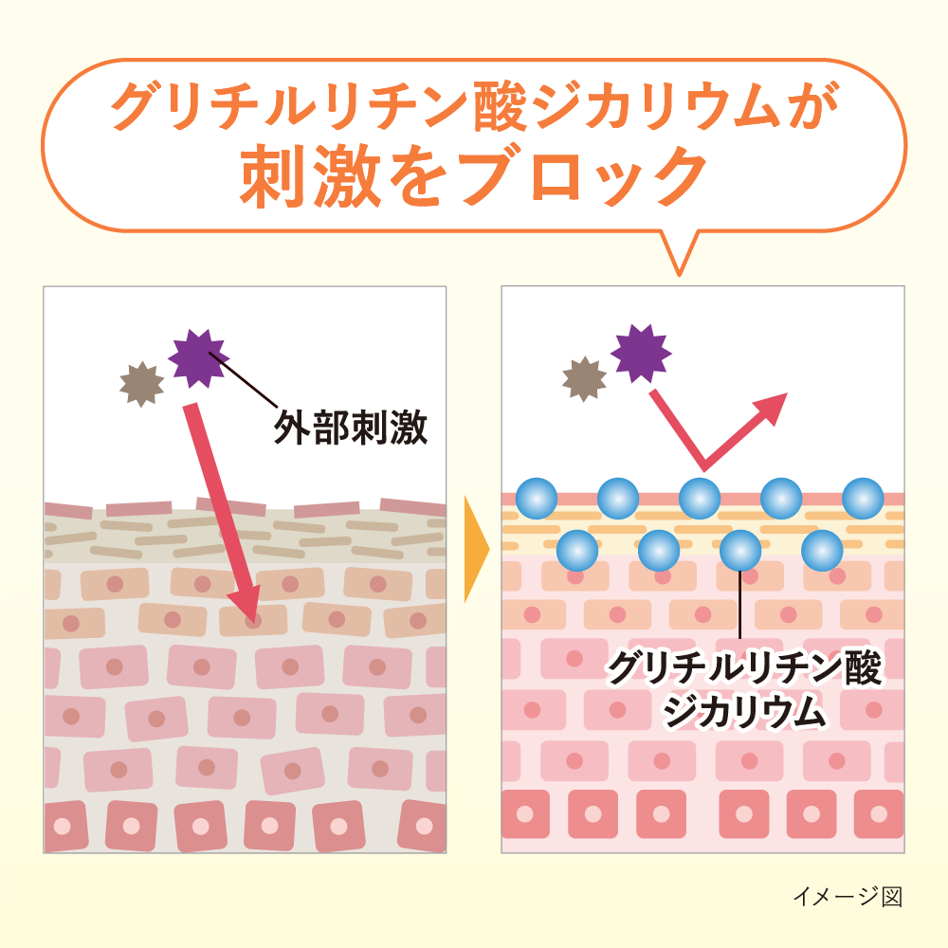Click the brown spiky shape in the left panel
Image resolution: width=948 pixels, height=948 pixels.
(x=141, y=384)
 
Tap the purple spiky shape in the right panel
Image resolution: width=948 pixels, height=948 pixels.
(x=641, y=353)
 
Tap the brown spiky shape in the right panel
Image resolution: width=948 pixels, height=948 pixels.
(x=584, y=379)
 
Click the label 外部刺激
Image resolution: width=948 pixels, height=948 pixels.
(x=351, y=429)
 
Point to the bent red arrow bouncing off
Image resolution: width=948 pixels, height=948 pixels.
(x=706, y=436)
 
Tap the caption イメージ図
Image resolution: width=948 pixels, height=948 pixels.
(x=847, y=896)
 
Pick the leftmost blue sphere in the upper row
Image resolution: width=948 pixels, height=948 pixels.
(x=537, y=498)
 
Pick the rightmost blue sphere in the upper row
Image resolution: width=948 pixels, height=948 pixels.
(x=863, y=498)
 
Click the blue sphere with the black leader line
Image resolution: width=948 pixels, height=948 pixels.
(x=740, y=550)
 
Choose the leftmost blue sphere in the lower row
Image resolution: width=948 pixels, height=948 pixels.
(x=577, y=550)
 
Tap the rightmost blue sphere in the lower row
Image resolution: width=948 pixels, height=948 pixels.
(x=822, y=550)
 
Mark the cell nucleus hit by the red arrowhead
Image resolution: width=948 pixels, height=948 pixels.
(x=252, y=622)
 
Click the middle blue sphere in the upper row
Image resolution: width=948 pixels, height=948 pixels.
(x=700, y=498)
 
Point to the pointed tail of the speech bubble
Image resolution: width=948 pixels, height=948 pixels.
(x=680, y=262)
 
